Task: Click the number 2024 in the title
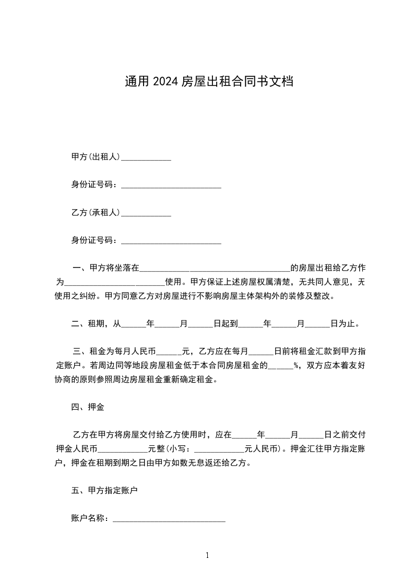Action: [x=165, y=81]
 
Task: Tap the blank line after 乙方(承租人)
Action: [x=146, y=214]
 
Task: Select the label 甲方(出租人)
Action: [x=96, y=157]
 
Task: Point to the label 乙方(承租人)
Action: [x=96, y=213]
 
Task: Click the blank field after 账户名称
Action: [x=169, y=520]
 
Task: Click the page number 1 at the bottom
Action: [x=207, y=555]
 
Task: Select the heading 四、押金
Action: [x=88, y=407]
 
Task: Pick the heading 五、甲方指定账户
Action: [x=104, y=491]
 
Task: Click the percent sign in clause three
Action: [x=296, y=365]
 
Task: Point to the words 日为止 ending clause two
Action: [x=345, y=324]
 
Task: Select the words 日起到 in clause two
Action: [x=226, y=324]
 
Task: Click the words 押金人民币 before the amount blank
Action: [x=77, y=449]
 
